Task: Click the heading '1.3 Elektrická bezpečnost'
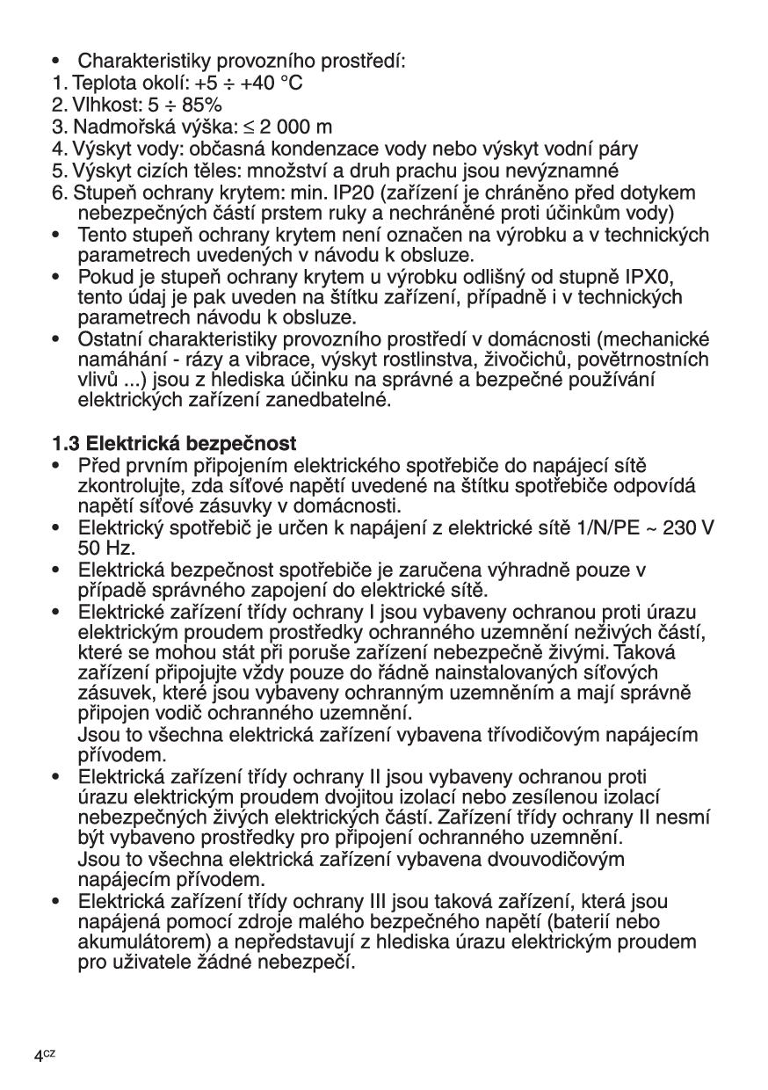click(x=173, y=444)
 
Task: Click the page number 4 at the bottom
click(x=39, y=1057)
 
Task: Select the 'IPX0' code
click(x=652, y=277)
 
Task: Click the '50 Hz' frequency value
click(x=104, y=549)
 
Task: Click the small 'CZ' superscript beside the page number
click(x=49, y=1053)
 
